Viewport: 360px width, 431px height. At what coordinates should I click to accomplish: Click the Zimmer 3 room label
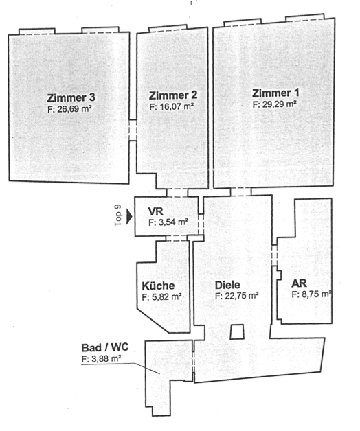[x=71, y=97]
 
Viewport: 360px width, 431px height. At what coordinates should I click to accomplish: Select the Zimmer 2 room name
[x=173, y=95]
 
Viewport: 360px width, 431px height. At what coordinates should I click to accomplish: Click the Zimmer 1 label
[x=275, y=93]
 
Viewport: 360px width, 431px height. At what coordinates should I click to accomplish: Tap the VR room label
[x=155, y=211]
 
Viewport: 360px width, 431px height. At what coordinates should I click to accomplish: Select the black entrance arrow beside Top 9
[x=129, y=217]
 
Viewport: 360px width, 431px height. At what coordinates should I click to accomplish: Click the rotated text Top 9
[x=118, y=215]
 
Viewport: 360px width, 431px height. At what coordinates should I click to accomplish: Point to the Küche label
[x=158, y=286]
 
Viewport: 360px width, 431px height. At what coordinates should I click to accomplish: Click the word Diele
[x=227, y=285]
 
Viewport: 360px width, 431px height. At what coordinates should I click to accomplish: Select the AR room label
[x=299, y=283]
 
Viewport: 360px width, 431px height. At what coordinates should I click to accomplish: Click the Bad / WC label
[x=105, y=347]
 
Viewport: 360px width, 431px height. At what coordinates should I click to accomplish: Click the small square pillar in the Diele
[x=237, y=331]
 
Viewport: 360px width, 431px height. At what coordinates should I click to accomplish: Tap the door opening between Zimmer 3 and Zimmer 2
[x=133, y=130]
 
